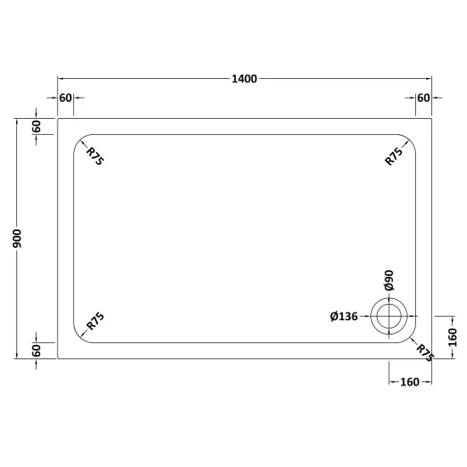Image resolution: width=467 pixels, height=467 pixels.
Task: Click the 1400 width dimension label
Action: pos(245,79)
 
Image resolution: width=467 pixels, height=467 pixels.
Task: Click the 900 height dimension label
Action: pos(17,239)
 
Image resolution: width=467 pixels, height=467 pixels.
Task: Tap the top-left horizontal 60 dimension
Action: pos(65,98)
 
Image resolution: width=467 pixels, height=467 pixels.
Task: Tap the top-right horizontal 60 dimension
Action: pos(423,98)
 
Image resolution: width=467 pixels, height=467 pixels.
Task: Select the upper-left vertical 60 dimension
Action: pos(37,127)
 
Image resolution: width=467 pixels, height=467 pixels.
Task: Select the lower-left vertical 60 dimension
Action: pos(37,351)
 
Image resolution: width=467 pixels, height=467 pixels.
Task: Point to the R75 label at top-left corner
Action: pos(95,156)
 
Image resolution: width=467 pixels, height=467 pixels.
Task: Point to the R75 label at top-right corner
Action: pos(394,156)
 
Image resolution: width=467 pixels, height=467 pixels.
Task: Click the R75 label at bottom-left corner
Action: pos(95,321)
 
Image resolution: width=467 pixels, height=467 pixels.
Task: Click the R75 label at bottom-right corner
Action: pos(425,353)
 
